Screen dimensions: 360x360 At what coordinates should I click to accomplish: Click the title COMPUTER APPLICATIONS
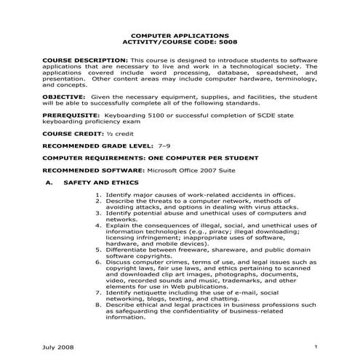[179, 35]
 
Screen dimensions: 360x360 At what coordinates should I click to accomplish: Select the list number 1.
[99, 195]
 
